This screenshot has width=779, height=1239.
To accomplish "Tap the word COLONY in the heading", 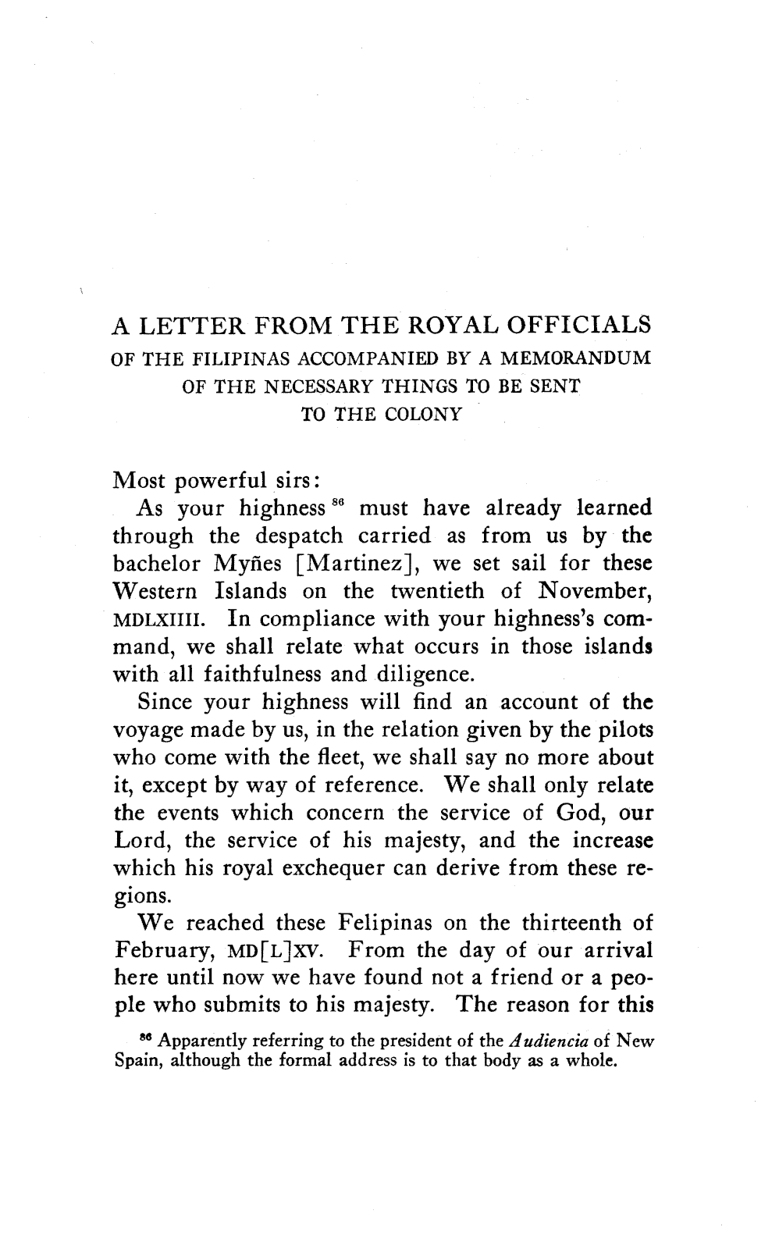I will point(422,415).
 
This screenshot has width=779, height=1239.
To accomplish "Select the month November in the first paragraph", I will point(598,591).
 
